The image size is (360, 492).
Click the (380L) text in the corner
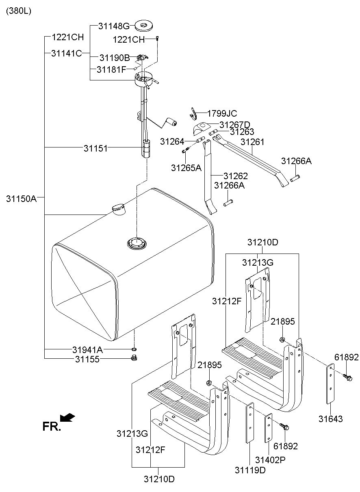(18, 11)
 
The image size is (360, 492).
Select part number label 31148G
(114, 26)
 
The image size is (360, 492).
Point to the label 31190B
(114, 58)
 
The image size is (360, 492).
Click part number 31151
(96, 148)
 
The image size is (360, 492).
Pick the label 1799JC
(222, 114)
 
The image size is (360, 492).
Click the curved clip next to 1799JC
(194, 113)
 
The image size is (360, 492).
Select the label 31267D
(235, 124)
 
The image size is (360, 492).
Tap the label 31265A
(186, 167)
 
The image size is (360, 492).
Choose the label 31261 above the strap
(252, 142)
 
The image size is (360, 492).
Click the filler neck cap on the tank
(118, 209)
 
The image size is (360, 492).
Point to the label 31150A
(22, 199)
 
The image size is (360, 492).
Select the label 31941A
(88, 349)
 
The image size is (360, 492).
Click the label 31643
(331, 419)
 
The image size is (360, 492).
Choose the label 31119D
(250, 470)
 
